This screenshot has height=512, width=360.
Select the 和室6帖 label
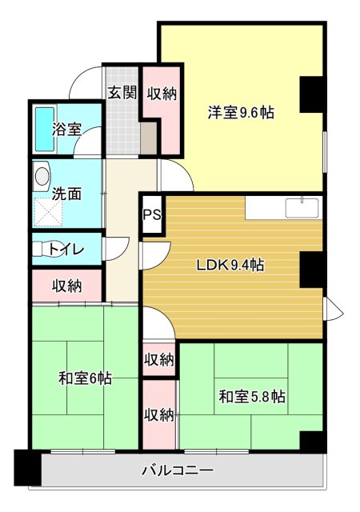pyautogui.click(x=85, y=377)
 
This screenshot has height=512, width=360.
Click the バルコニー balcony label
pyautogui.click(x=178, y=471)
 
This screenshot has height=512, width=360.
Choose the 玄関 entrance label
pyautogui.click(x=122, y=93)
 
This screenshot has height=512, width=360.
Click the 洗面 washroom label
pyautogui.click(x=66, y=193)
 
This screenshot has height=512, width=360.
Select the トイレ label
pyautogui.click(x=67, y=249)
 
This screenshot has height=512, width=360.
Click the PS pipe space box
pyautogui.click(x=152, y=214)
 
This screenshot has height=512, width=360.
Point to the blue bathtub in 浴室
pyautogui.click(x=42, y=128)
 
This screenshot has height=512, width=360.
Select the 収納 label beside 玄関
pyautogui.click(x=162, y=94)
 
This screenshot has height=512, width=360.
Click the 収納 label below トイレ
pyautogui.click(x=67, y=286)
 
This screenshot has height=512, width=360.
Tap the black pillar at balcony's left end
pyautogui.click(x=27, y=468)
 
